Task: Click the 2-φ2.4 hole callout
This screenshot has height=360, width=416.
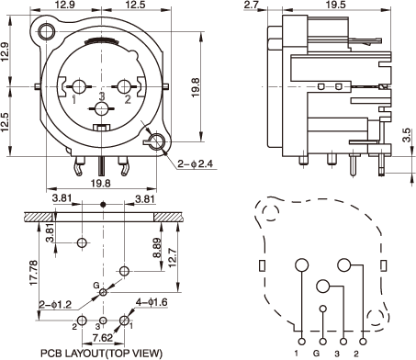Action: coord(196,164)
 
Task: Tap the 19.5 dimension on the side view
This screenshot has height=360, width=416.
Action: coord(335,5)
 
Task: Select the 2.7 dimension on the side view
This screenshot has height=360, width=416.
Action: coord(252,5)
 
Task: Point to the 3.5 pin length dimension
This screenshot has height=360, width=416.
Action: coord(406,135)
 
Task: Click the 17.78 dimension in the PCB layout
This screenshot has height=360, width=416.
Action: coord(33,273)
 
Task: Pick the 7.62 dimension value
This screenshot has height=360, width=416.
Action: coord(103,338)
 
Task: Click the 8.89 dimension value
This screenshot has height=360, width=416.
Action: coord(157,248)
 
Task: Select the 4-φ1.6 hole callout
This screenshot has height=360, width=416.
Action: coord(152,302)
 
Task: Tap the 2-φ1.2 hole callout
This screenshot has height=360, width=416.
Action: coord(55,305)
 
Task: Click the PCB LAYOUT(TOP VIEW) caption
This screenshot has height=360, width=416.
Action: coord(101,354)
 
